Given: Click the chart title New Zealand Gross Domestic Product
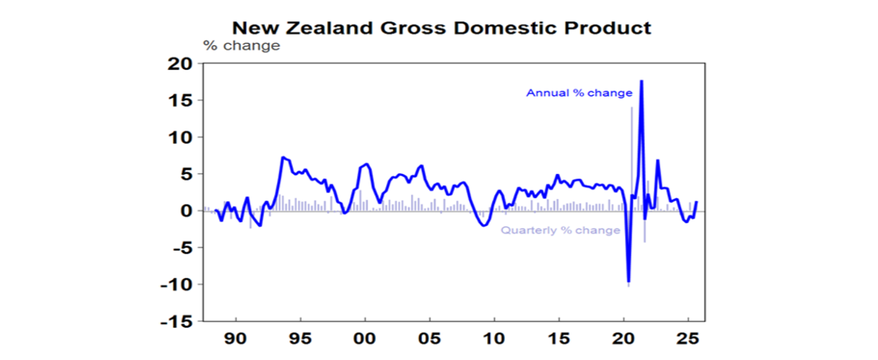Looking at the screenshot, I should click(x=442, y=28).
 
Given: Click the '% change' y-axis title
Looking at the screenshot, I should click(x=242, y=46).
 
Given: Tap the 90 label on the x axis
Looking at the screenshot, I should click(x=236, y=338).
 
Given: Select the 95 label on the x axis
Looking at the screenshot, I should click(x=300, y=338).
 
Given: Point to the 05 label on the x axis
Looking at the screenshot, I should click(x=429, y=338).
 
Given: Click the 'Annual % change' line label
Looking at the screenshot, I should click(x=579, y=93).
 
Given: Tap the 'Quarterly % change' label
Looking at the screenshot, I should click(x=560, y=230).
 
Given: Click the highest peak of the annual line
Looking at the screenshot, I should click(x=641, y=81).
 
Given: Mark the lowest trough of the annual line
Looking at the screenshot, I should click(x=629, y=282).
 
